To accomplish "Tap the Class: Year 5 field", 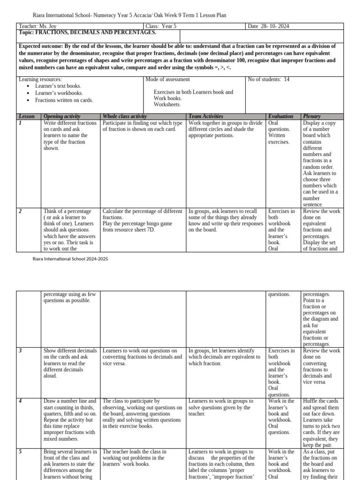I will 161,27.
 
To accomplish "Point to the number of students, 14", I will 287,79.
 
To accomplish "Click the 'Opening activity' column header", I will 62,116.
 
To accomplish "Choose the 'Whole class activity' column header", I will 125,116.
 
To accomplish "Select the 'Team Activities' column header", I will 205,116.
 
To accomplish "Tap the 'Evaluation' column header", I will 280,116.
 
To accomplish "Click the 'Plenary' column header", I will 312,116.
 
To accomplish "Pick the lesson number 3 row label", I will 20,351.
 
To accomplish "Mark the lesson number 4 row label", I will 20,401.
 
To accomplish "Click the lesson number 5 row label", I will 20,452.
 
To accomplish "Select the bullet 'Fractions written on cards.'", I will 64,100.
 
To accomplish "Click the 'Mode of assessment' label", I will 168,79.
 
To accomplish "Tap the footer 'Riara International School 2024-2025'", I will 70,259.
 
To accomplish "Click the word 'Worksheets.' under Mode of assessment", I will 167,105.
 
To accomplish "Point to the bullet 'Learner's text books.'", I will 58,86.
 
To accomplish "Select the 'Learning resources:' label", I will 40,79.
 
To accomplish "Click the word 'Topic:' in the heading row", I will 26,33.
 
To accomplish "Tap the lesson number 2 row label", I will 20,211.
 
